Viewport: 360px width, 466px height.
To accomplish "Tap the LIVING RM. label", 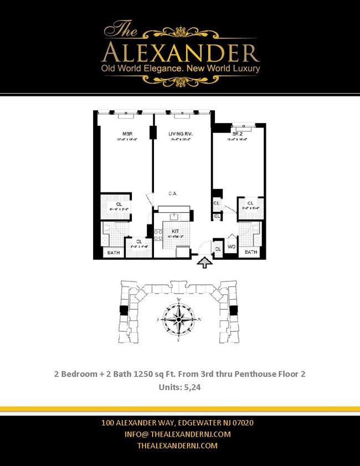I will [181, 134].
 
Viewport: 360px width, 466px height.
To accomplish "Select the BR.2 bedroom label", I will [237, 134].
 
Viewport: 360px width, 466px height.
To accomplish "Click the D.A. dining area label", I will [173, 194].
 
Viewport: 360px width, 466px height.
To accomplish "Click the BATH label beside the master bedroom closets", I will [114, 253].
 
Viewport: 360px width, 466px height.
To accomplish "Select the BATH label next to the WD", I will [251, 252].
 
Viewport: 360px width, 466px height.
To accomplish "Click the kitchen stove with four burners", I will [157, 234].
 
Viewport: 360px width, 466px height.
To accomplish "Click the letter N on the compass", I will [199, 320].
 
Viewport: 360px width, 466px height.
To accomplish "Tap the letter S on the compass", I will [159, 320].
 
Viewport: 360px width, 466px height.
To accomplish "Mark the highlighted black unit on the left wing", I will [124, 311].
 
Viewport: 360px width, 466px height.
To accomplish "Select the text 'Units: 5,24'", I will [179, 388].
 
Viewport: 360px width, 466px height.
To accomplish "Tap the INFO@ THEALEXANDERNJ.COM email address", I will [180, 434].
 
